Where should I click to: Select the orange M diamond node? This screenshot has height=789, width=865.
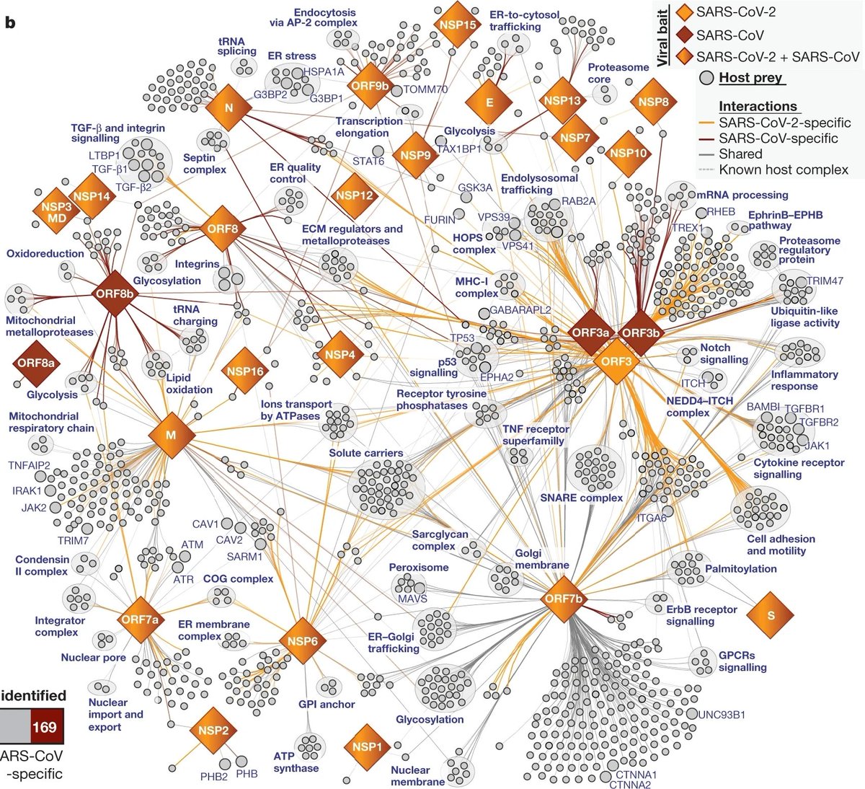[172, 435]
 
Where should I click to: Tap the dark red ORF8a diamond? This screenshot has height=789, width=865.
[36, 363]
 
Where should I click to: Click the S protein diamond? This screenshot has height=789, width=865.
[771, 615]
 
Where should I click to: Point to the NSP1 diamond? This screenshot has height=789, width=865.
[367, 747]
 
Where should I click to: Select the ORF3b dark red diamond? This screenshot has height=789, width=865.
[641, 332]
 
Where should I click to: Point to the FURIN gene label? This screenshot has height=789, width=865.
[440, 219]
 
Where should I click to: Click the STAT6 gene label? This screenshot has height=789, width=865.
[368, 161]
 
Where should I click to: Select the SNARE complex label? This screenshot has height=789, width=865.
[581, 498]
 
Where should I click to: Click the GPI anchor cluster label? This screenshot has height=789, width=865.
[327, 704]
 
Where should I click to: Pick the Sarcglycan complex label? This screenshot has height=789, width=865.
[440, 540]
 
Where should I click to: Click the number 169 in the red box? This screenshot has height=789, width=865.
[44, 727]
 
